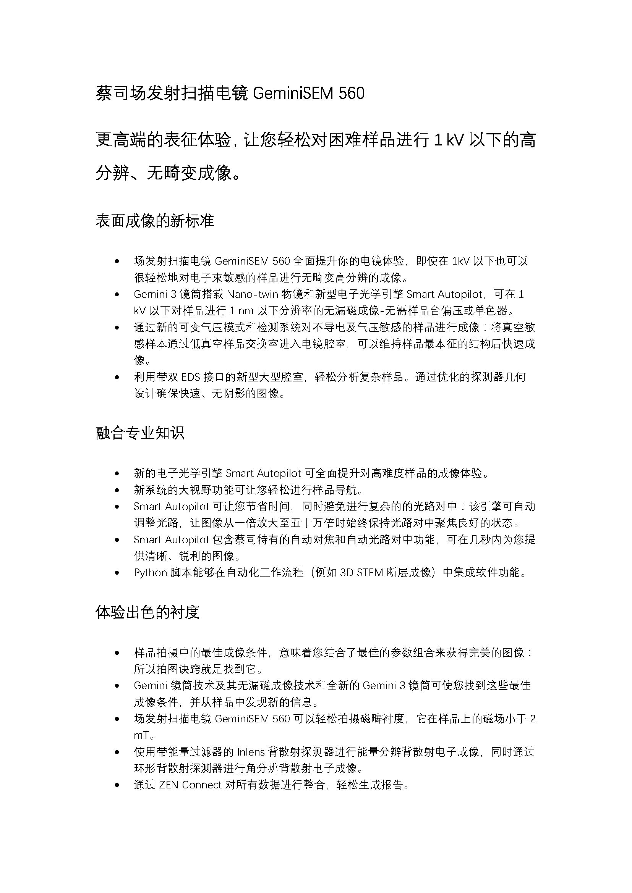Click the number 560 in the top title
pos(352,93)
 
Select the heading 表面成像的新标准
pos(155,221)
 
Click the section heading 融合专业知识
pos(140,433)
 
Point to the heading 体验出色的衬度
pos(147,612)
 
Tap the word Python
pos(150,573)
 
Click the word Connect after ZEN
pos(202,785)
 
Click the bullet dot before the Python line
pos(117,573)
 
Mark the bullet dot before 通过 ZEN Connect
pos(117,785)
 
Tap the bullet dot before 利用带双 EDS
pos(117,377)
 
